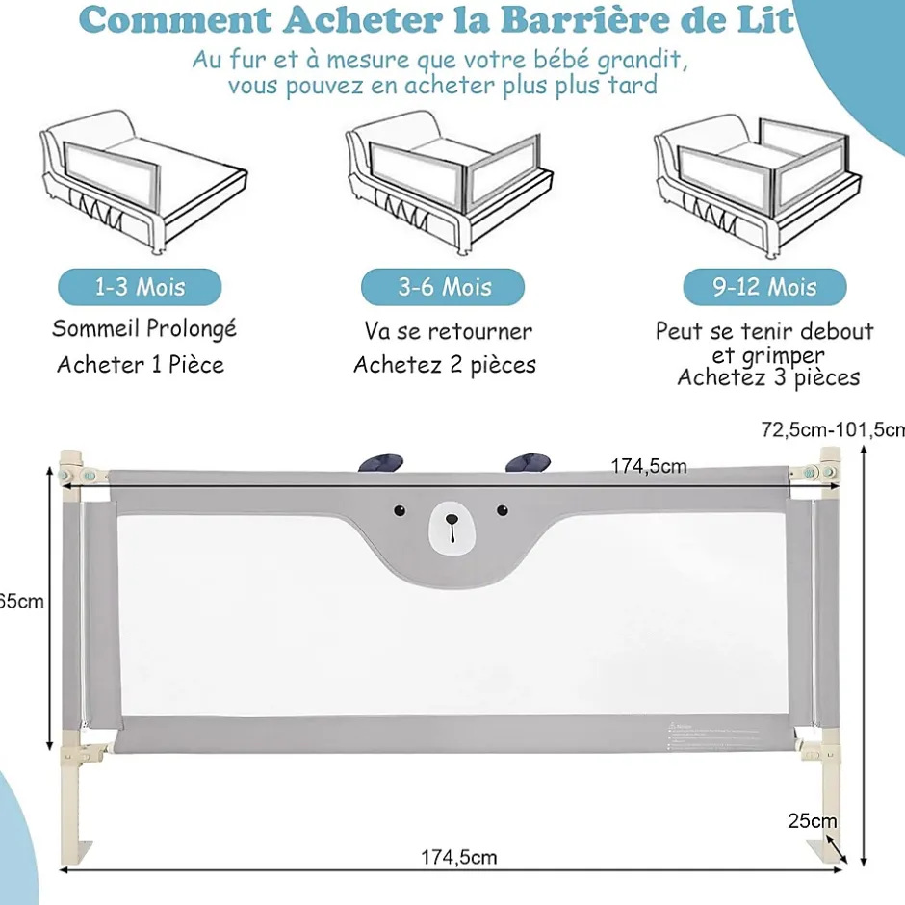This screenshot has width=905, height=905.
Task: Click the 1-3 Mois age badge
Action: pyautogui.click(x=140, y=287)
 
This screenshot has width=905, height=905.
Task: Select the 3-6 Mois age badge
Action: pyautogui.click(x=443, y=287)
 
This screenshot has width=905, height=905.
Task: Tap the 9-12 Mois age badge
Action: pyautogui.click(x=764, y=287)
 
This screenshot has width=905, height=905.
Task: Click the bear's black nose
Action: pyautogui.click(x=451, y=521)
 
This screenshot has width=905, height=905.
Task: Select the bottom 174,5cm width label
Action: pyautogui.click(x=458, y=857)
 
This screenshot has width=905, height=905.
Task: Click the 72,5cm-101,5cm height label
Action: pyautogui.click(x=833, y=429)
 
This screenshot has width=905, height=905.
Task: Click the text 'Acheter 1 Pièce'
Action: pyautogui.click(x=141, y=365)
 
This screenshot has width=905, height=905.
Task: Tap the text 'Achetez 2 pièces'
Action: pyautogui.click(x=444, y=365)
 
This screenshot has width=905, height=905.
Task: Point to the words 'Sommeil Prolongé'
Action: pyautogui.click(x=143, y=328)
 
